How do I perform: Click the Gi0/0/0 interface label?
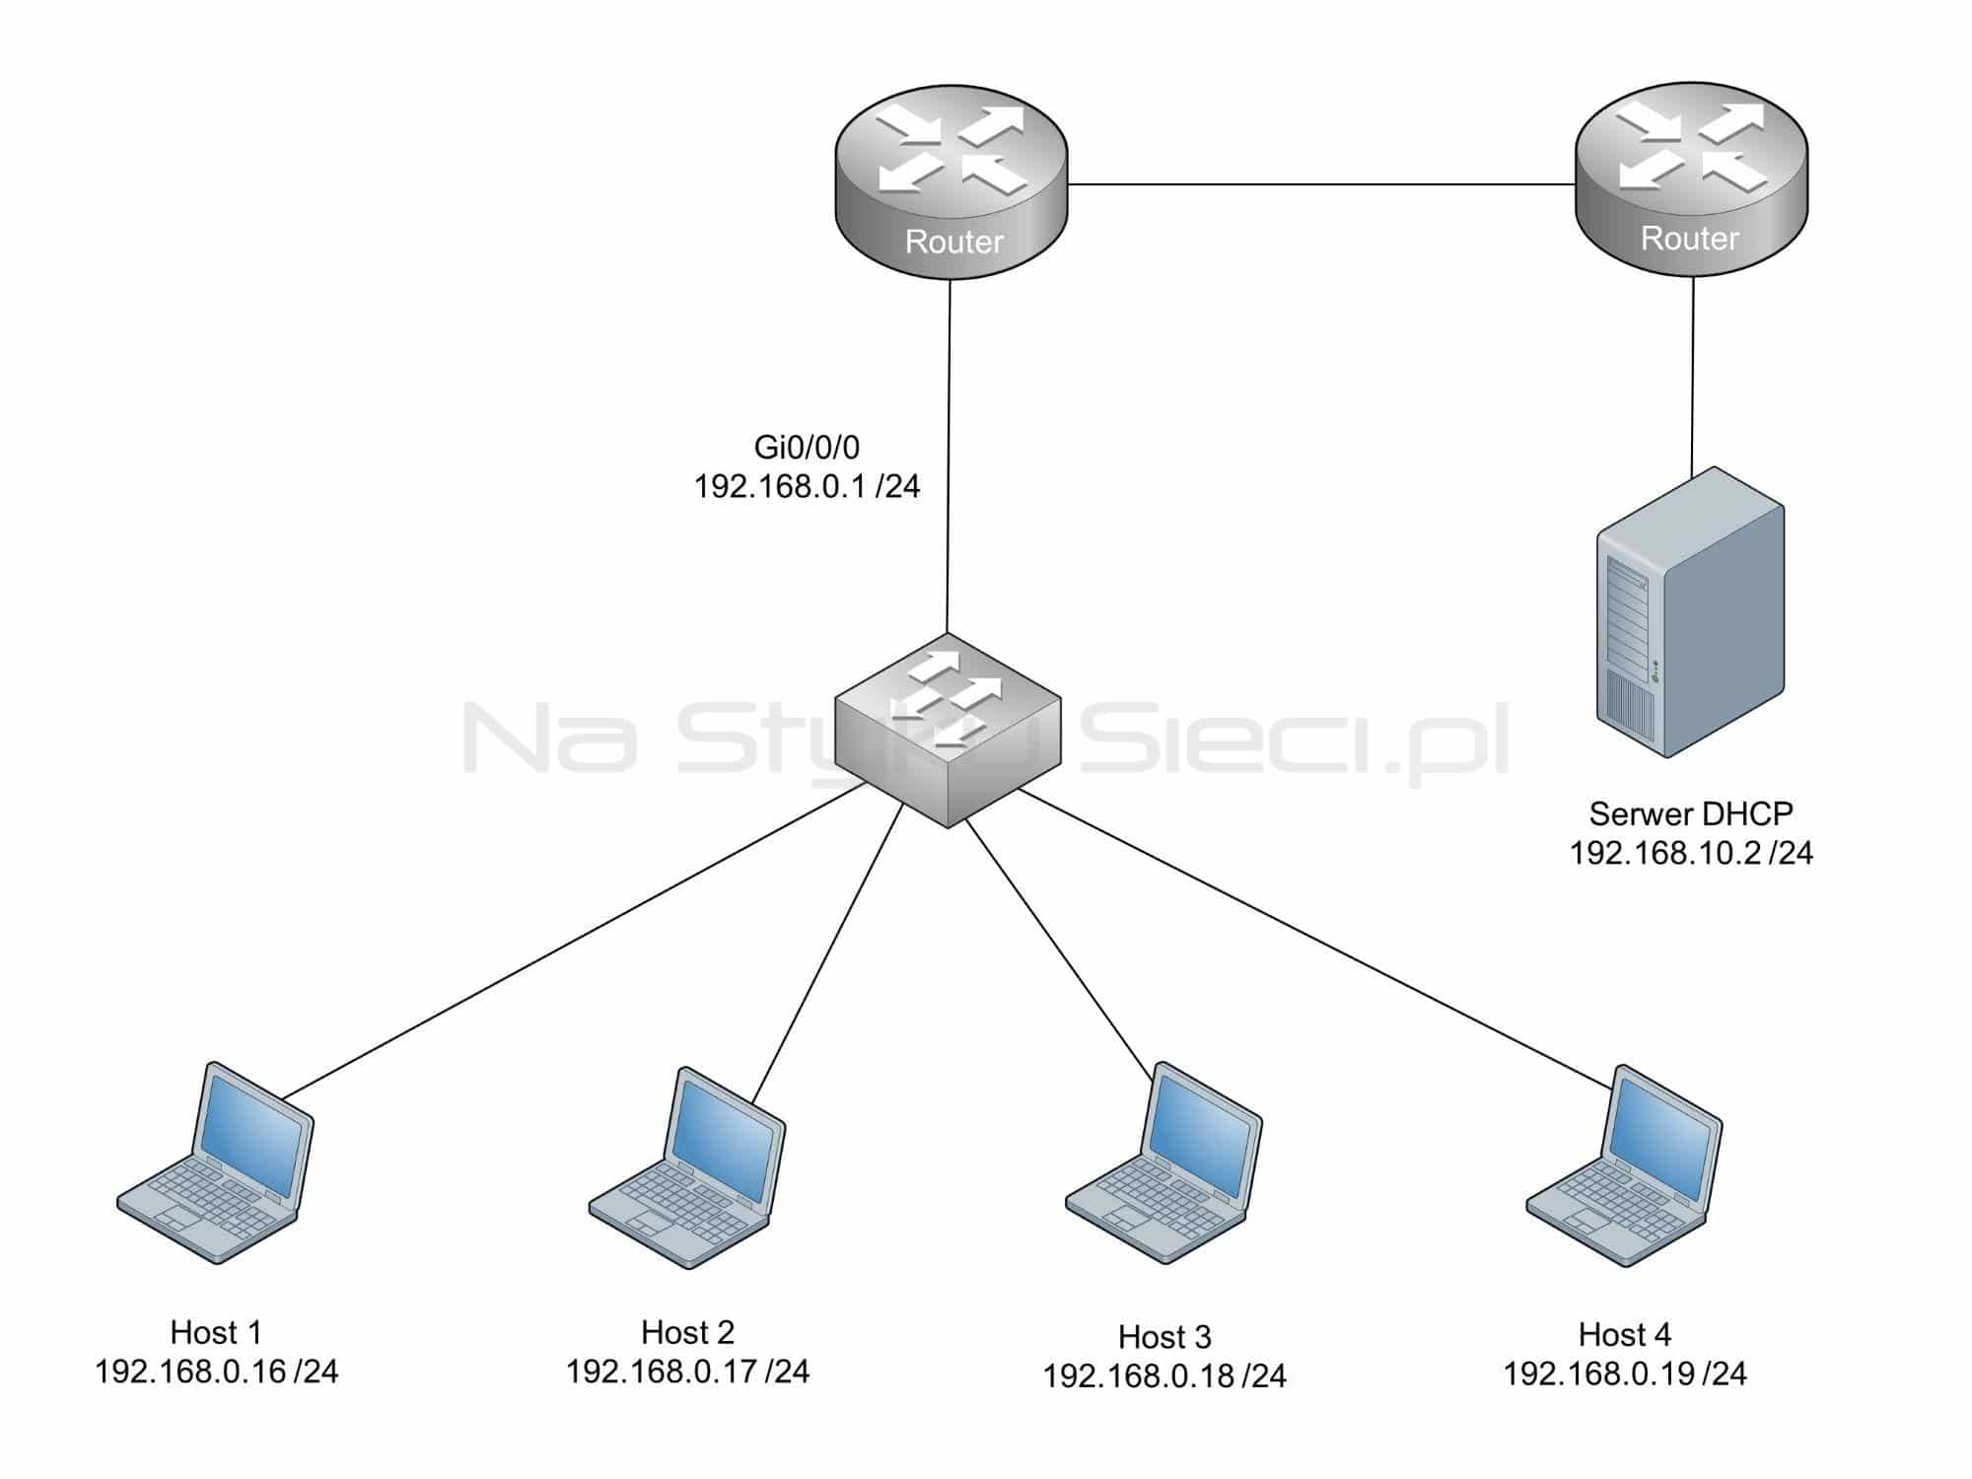(x=807, y=448)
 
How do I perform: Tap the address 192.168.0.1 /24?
(x=807, y=486)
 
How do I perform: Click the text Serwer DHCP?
(x=1690, y=813)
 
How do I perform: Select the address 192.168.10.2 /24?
(x=1690, y=853)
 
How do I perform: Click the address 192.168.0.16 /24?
(x=216, y=1372)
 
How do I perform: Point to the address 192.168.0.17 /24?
(x=687, y=1372)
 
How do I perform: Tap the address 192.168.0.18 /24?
(x=1164, y=1375)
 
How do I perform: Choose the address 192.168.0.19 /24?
(x=1624, y=1373)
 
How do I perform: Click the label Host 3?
(x=1164, y=1337)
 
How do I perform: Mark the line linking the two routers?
(x=1321, y=184)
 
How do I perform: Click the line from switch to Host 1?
(x=572, y=942)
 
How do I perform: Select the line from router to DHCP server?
(x=1693, y=375)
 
